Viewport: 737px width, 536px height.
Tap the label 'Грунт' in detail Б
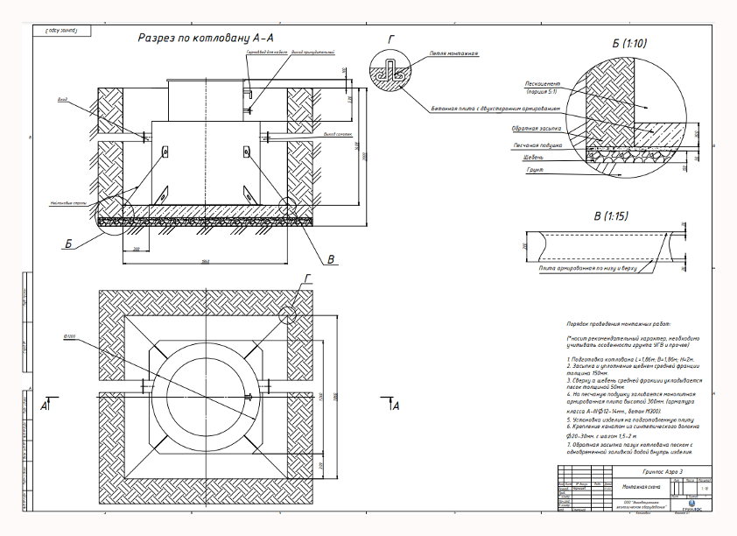click(535, 169)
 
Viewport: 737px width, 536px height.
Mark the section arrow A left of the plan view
click(45, 407)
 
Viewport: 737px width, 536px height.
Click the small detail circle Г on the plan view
click(292, 312)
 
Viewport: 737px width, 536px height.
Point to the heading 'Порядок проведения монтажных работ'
click(622, 322)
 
